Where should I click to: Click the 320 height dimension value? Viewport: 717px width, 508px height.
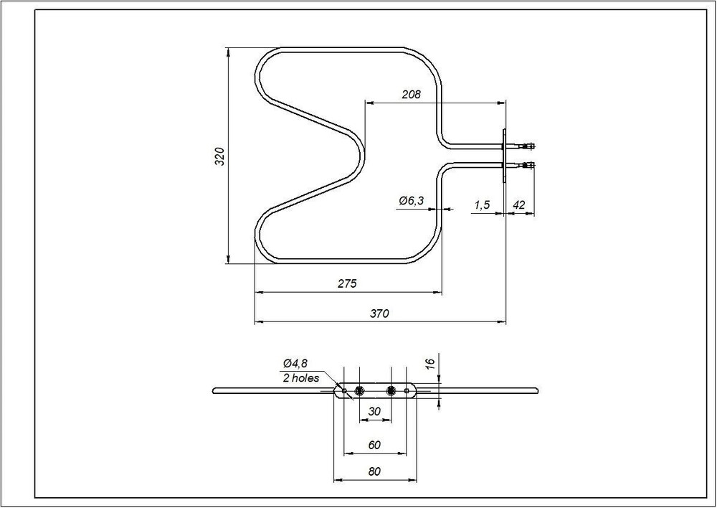[220, 156]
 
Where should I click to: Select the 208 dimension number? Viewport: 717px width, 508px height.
[411, 95]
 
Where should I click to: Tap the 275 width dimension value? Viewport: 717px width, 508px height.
[347, 283]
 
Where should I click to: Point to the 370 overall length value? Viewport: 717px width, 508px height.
[379, 314]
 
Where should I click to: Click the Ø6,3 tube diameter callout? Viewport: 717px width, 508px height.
[411, 200]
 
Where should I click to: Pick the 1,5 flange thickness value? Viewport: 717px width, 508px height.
[482, 205]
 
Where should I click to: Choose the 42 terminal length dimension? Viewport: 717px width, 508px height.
[519, 204]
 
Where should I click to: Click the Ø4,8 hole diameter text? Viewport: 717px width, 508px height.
[295, 363]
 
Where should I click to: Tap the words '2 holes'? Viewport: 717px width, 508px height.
[301, 378]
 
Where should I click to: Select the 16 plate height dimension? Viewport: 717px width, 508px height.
[429, 364]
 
